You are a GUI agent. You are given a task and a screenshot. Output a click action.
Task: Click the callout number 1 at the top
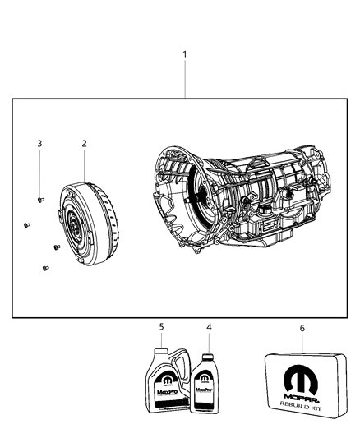tap(185, 54)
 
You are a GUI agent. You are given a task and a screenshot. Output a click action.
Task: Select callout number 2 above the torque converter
tap(84, 143)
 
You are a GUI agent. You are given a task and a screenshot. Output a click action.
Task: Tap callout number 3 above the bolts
tap(39, 143)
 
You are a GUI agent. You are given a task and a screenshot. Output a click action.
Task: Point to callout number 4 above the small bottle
tap(209, 327)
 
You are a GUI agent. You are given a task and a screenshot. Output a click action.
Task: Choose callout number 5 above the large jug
tap(161, 327)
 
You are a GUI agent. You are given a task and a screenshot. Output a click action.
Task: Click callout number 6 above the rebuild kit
tap(302, 328)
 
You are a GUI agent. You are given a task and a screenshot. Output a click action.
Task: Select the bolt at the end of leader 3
tap(40, 199)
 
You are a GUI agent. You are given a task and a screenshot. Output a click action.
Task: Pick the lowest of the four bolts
tap(43, 267)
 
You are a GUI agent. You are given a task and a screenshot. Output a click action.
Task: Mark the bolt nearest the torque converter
tap(55, 246)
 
